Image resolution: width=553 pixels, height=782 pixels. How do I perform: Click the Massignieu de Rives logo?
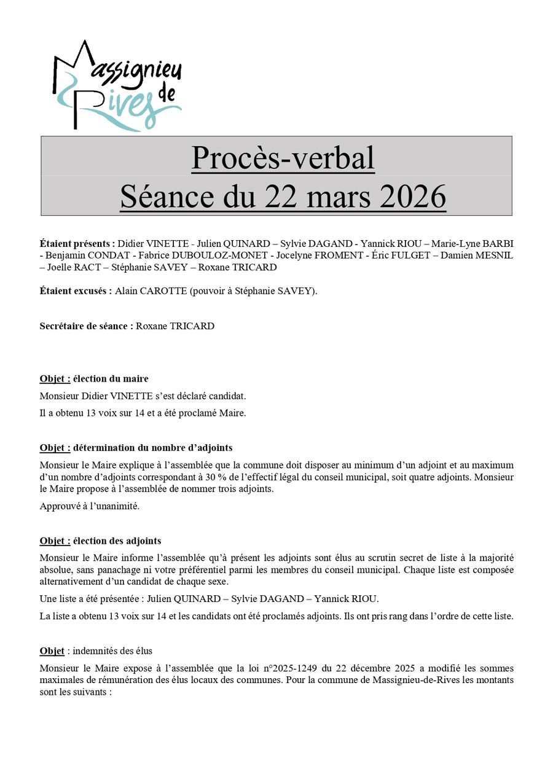[117, 86]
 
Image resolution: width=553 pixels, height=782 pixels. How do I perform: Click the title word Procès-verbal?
[283, 158]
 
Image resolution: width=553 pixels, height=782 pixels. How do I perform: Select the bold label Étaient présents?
[77, 243]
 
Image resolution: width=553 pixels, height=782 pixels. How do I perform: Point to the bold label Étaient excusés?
[76, 291]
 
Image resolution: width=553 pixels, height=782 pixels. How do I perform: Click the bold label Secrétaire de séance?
[87, 326]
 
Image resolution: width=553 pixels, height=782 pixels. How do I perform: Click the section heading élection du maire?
[111, 378]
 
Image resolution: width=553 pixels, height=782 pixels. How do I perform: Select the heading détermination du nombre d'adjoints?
[152, 448]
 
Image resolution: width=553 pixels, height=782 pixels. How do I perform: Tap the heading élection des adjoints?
[117, 541]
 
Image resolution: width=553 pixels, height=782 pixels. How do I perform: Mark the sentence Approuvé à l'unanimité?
[90, 506]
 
